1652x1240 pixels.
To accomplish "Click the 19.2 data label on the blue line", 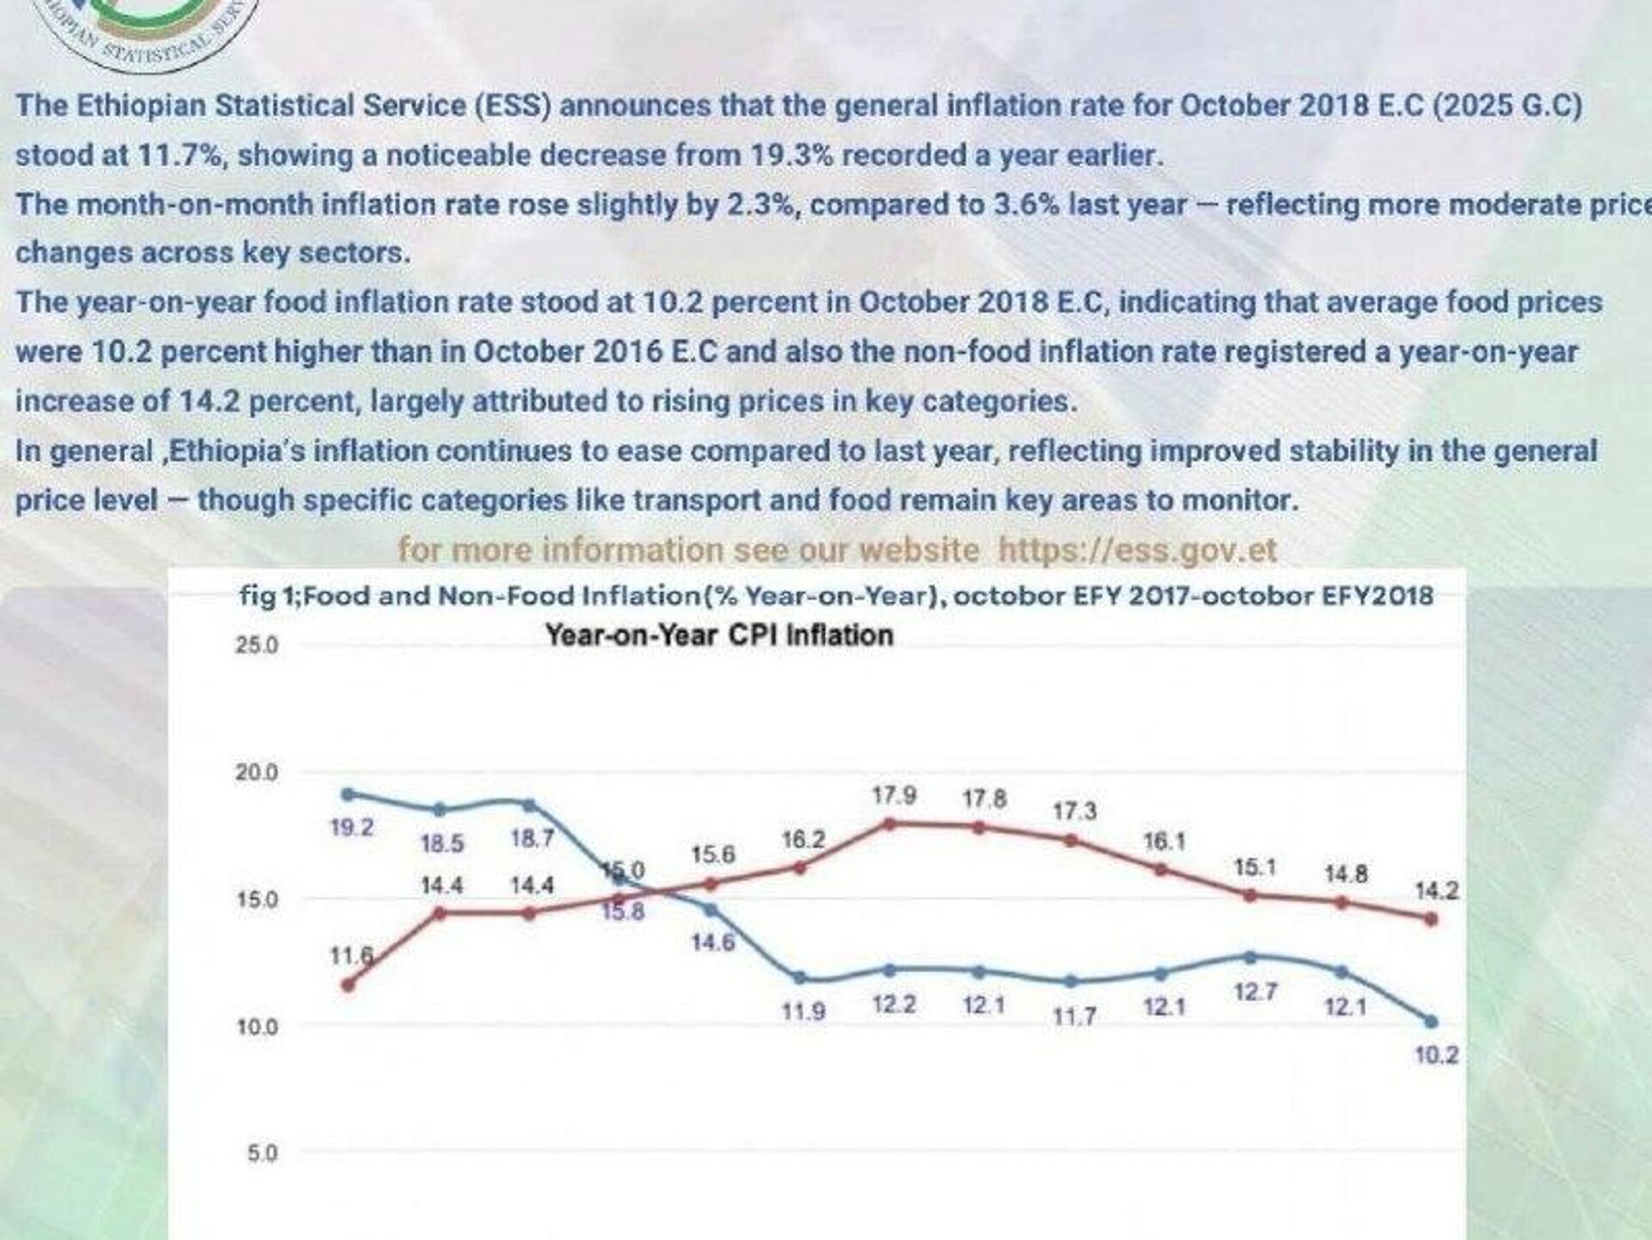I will click(x=352, y=828).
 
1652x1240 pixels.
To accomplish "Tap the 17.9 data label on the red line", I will click(x=894, y=795).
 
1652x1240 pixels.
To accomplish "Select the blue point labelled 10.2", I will click(x=1431, y=1021).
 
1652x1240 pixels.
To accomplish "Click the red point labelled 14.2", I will click(x=1431, y=919).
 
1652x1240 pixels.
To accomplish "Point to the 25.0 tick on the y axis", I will click(x=256, y=645).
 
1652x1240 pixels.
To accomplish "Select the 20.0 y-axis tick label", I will click(x=256, y=773).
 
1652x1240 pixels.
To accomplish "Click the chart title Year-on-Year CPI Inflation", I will click(x=719, y=635).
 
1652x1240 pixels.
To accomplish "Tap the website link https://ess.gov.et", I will click(x=1137, y=549).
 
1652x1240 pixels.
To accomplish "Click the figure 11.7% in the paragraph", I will click(x=182, y=155).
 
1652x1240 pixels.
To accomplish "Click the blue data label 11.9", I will click(x=804, y=1011).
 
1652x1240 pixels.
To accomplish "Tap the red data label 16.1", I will click(x=1164, y=841).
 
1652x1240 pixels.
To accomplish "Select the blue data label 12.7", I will click(x=1255, y=992).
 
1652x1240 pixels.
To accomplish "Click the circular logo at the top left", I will click(x=138, y=30).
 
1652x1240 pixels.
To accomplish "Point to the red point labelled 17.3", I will click(x=1071, y=840).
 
